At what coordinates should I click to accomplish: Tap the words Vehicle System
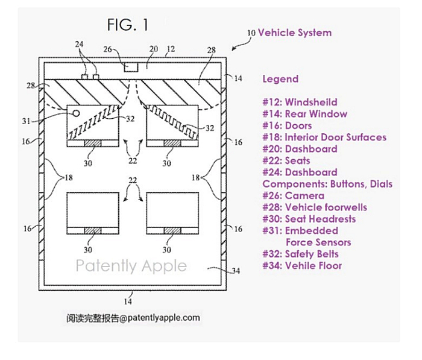coord(294,33)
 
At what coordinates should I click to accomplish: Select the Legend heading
coord(280,79)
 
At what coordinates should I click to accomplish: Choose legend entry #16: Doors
coord(287,125)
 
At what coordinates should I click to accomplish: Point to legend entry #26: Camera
coord(293,195)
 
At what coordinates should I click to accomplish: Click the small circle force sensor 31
coord(75,113)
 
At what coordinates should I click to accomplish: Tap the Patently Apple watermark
coord(131,265)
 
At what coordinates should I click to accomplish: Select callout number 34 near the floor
coord(236,271)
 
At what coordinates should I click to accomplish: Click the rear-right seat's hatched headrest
coord(172,232)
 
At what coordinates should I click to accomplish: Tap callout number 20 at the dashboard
coord(154,49)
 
